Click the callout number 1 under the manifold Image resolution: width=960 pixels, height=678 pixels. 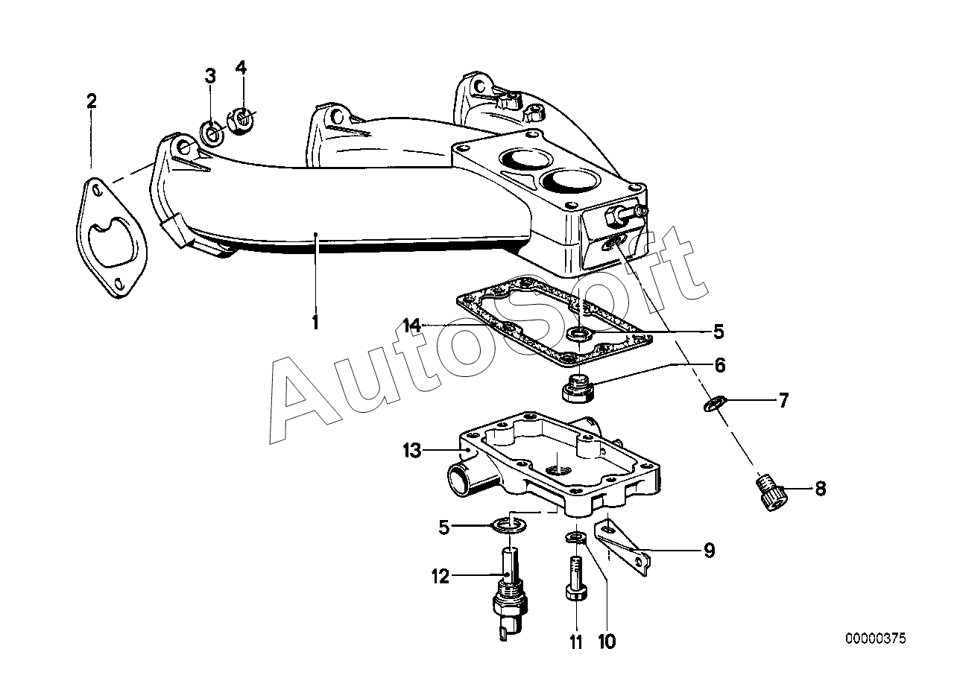[315, 323]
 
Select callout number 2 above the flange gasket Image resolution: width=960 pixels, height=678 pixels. [91, 101]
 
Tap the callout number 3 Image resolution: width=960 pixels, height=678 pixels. [210, 75]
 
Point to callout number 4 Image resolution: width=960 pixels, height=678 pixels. [240, 68]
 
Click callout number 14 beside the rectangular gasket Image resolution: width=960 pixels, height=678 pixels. [412, 326]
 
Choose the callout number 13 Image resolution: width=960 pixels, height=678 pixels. [412, 451]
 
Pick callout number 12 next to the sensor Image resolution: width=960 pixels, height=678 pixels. [440, 576]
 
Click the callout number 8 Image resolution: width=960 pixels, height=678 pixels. [820, 490]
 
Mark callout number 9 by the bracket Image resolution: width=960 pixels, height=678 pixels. [709, 551]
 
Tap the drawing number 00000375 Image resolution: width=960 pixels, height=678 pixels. [875, 639]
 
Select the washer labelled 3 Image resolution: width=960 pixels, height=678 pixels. [212, 135]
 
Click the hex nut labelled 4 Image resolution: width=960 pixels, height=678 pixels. [239, 122]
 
